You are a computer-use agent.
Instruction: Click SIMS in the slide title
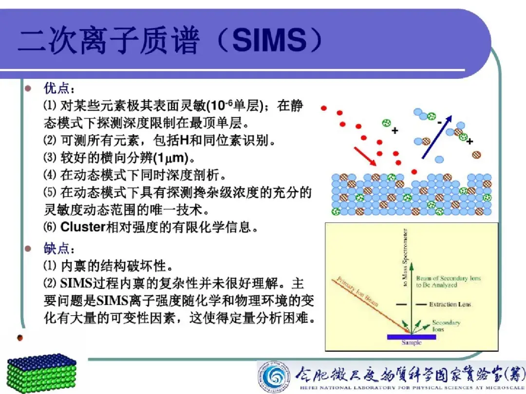pyautogui.click(x=269, y=40)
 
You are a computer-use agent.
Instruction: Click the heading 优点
pyautogui.click(x=56, y=89)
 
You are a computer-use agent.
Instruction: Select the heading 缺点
pyautogui.click(x=56, y=249)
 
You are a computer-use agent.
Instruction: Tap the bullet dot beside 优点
pyautogui.click(x=28, y=89)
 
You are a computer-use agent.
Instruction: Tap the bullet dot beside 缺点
pyautogui.click(x=28, y=249)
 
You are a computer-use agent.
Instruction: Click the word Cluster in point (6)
pyautogui.click(x=83, y=227)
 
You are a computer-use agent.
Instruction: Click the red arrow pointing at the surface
pyautogui.click(x=365, y=156)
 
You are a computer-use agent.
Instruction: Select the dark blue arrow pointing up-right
pyautogui.click(x=437, y=137)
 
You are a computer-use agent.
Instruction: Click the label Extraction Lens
pyautogui.click(x=450, y=304)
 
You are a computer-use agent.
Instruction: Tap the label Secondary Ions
pyautogui.click(x=446, y=325)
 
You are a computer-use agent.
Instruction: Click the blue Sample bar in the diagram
pyautogui.click(x=412, y=337)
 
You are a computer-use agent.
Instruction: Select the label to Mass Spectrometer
pyautogui.click(x=405, y=257)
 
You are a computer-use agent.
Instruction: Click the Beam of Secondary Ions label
pyautogui.click(x=449, y=282)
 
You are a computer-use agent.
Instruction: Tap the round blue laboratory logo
pyautogui.click(x=274, y=377)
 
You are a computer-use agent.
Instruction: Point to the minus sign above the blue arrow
pyautogui.click(x=439, y=123)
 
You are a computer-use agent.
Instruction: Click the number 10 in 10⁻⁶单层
pyautogui.click(x=218, y=106)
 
